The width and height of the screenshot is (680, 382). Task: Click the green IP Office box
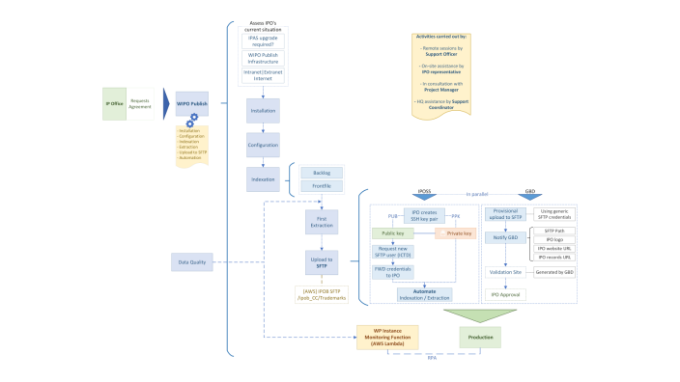click(115, 104)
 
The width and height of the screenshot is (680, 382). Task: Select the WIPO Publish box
click(192, 104)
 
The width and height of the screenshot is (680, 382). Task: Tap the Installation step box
click(262, 112)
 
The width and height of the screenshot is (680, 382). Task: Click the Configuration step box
click(262, 146)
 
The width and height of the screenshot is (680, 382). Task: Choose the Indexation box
click(262, 179)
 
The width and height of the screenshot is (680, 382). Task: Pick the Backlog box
click(321, 173)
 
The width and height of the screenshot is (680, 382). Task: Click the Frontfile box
click(321, 186)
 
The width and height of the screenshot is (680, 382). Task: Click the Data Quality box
click(192, 261)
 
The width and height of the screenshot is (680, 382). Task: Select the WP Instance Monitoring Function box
click(389, 337)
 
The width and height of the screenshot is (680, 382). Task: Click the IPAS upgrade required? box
click(262, 41)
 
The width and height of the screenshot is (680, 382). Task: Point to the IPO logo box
click(555, 239)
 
